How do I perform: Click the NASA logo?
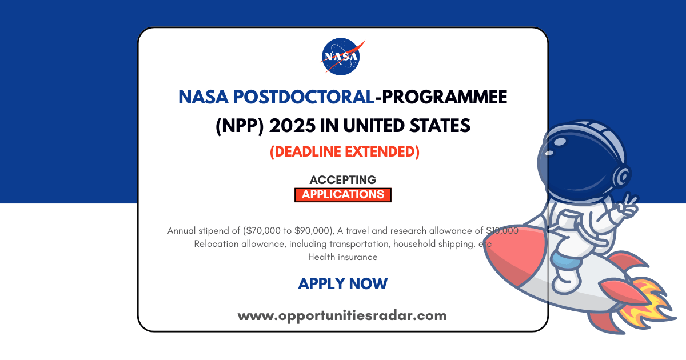pyautogui.click(x=341, y=56)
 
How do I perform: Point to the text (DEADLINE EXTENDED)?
pyautogui.click(x=343, y=152)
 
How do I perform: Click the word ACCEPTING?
pyautogui.click(x=343, y=180)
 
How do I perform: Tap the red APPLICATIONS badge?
pyautogui.click(x=343, y=194)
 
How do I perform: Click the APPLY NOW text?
pyautogui.click(x=343, y=283)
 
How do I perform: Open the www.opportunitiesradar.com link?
pyautogui.click(x=342, y=315)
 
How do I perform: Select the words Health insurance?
pyautogui.click(x=343, y=257)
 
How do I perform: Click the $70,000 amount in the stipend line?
pyautogui.click(x=268, y=231)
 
